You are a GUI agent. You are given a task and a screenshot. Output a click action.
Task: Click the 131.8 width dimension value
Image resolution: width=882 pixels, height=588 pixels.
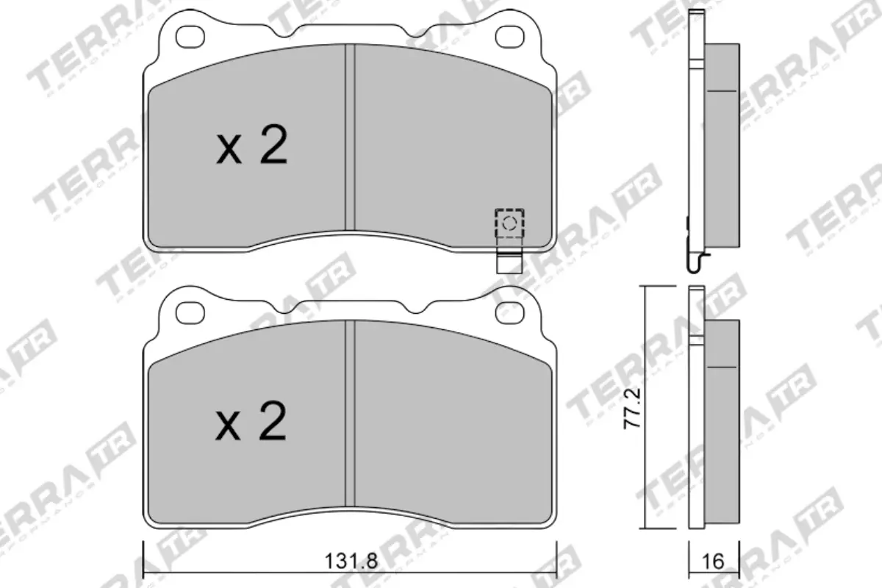point(351,562)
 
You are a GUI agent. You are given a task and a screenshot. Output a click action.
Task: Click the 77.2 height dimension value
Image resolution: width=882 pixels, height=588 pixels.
point(633,409)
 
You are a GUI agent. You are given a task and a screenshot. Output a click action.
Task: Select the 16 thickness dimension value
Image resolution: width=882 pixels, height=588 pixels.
point(712,562)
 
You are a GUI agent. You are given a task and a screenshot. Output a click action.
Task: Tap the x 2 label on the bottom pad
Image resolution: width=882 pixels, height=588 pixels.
point(251,423)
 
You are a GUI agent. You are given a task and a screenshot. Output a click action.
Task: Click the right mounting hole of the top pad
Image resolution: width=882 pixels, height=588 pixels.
point(510,35)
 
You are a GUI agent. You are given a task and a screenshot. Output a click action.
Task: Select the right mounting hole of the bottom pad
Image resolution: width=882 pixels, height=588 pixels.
point(510,312)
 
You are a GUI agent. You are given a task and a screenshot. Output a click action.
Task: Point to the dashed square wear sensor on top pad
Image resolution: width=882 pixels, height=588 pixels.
point(509,222)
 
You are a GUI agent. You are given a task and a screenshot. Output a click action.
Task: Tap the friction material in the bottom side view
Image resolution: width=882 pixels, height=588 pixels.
point(723,419)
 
